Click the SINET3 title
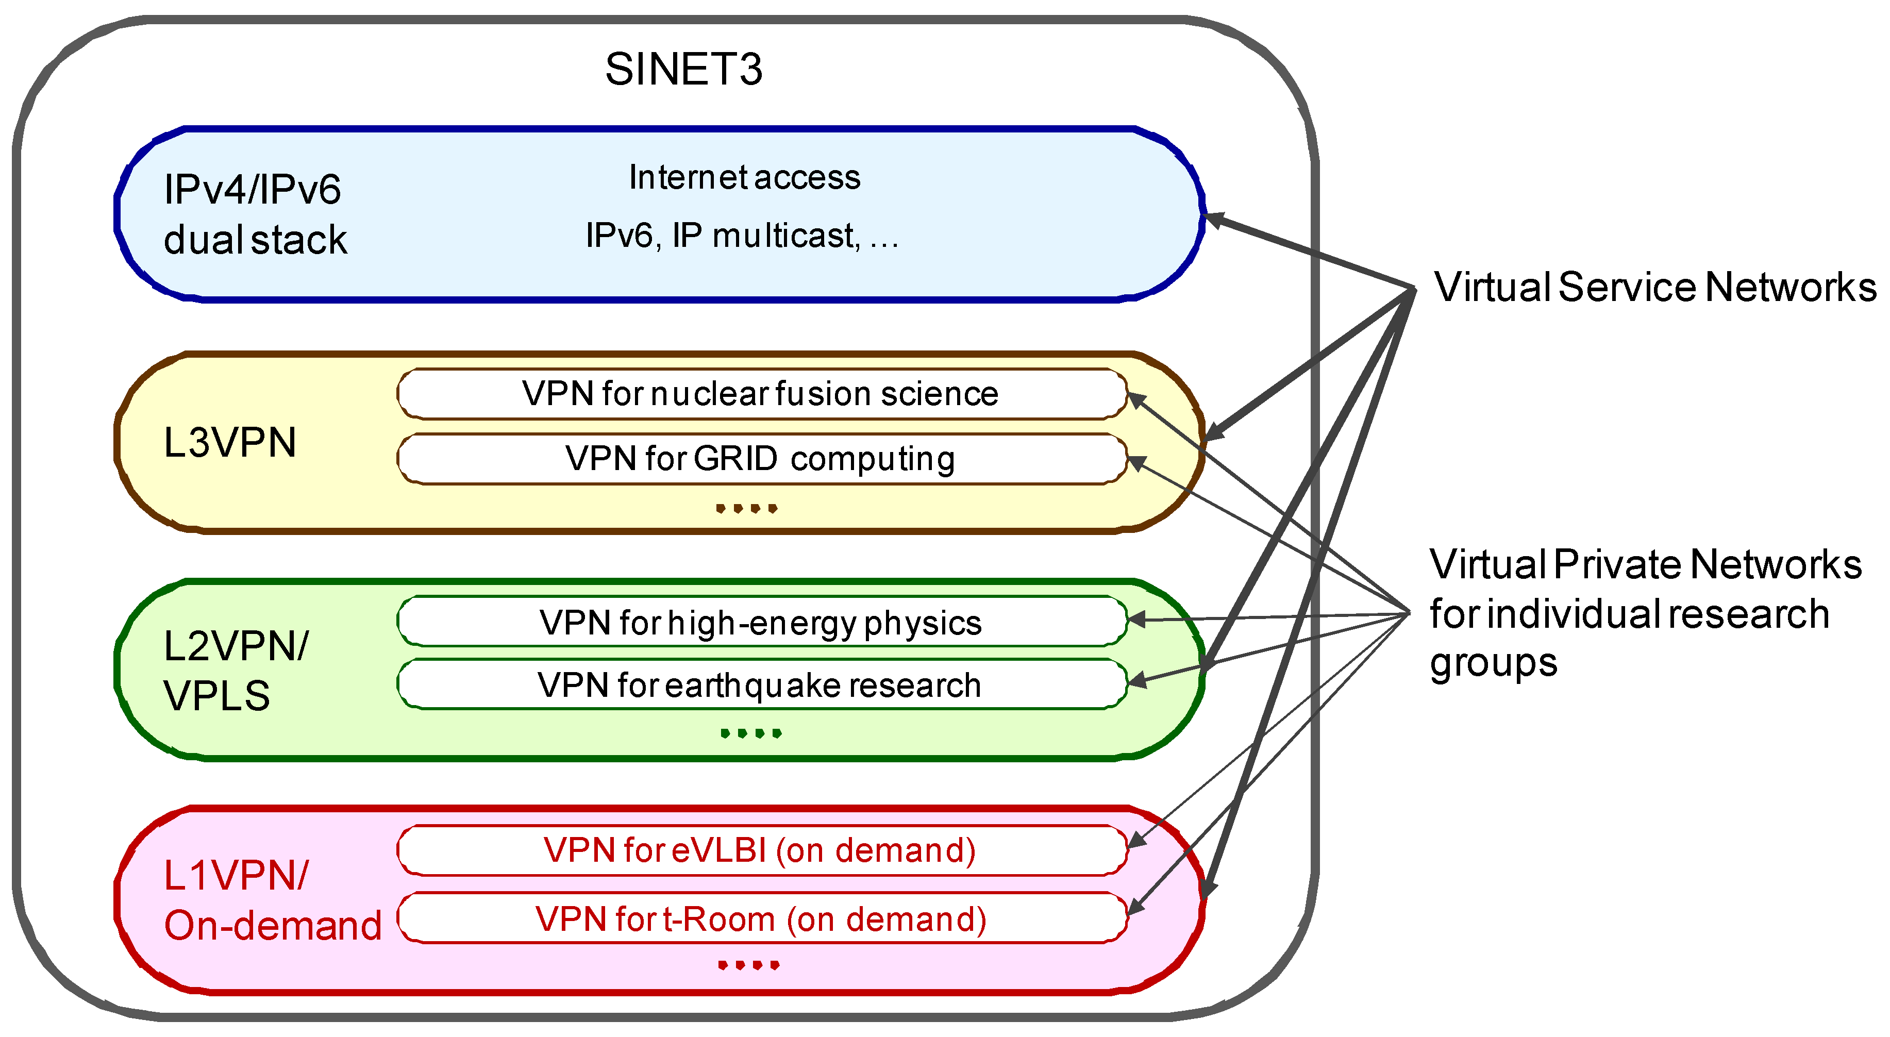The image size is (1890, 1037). click(x=683, y=70)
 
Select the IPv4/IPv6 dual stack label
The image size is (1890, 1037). click(x=254, y=214)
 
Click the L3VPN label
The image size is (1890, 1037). click(x=230, y=443)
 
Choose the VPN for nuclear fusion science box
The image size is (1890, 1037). click(x=761, y=394)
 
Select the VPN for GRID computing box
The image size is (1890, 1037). click(x=761, y=459)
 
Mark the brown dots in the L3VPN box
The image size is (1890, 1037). click(x=746, y=508)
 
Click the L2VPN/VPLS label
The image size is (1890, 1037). click(x=235, y=670)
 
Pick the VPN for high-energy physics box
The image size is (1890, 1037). click(x=761, y=622)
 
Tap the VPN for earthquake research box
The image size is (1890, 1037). click(x=761, y=685)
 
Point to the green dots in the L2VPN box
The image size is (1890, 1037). click(x=750, y=732)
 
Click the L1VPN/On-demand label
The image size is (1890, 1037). click(x=272, y=900)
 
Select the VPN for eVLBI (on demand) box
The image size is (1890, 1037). click(x=761, y=850)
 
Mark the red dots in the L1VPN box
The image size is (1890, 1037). click(x=748, y=964)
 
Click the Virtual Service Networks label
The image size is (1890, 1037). click(x=1654, y=287)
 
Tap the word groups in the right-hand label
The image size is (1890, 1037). click(x=1493, y=663)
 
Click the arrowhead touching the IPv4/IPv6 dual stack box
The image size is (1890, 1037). click(x=1215, y=219)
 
